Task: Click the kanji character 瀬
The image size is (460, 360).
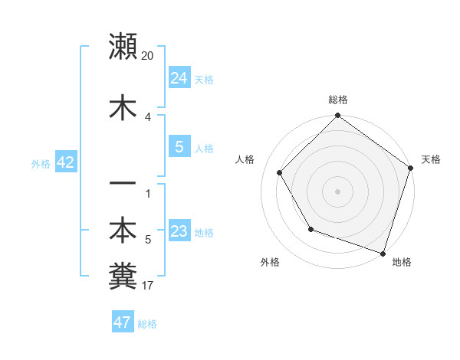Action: click(x=123, y=47)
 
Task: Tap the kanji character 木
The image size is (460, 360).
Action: click(x=123, y=107)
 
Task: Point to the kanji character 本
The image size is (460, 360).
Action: click(x=123, y=231)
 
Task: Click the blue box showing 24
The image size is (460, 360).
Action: click(x=179, y=77)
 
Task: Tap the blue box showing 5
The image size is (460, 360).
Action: click(x=179, y=147)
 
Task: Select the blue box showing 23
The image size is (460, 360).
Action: click(x=179, y=231)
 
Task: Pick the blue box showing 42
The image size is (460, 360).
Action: click(x=65, y=162)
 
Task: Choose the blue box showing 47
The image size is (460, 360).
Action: click(x=123, y=322)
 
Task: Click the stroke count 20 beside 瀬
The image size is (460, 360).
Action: click(x=148, y=56)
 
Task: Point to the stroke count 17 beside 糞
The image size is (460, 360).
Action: click(x=148, y=286)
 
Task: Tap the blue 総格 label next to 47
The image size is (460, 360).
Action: click(x=147, y=323)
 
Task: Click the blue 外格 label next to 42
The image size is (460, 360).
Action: click(x=41, y=163)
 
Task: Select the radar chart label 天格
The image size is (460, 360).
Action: click(x=431, y=159)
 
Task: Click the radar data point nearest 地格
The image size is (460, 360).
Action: click(x=383, y=253)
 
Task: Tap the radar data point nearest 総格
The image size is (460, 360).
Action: click(x=337, y=116)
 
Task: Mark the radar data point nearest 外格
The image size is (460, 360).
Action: click(x=310, y=229)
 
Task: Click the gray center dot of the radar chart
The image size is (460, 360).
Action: click(x=337, y=191)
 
